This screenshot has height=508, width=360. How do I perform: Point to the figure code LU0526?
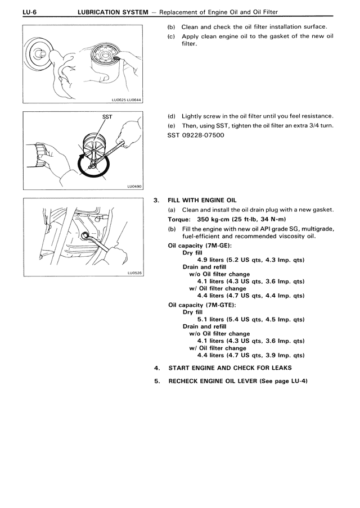point(134,273)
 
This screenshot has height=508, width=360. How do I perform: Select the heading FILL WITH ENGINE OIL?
point(202,200)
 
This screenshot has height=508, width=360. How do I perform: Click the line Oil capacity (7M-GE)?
point(200,246)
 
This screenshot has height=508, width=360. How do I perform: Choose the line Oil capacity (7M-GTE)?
point(202,305)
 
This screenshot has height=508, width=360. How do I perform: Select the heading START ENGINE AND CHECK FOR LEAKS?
point(230,368)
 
